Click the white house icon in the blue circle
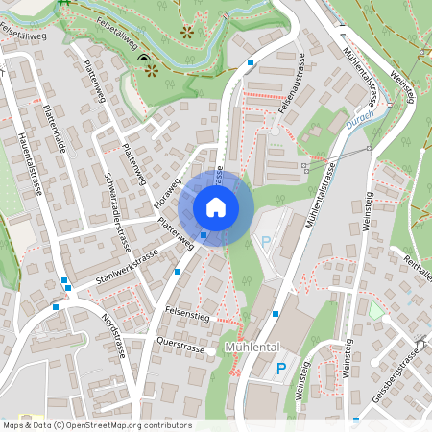point(216,206)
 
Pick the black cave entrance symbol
point(144,60)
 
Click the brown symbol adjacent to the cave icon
point(152,72)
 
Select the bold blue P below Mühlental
point(281,368)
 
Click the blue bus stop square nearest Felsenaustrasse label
point(251,61)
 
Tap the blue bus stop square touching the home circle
point(204,234)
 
